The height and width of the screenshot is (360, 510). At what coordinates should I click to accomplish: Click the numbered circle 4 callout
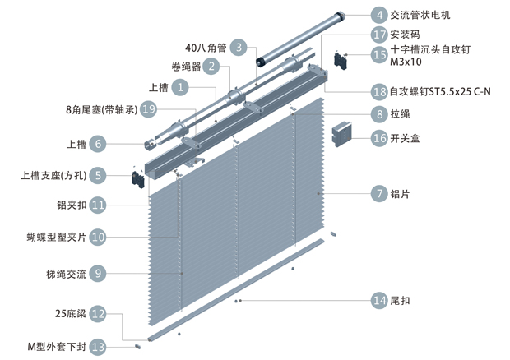(378, 15)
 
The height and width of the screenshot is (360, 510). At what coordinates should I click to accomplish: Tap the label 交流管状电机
(420, 15)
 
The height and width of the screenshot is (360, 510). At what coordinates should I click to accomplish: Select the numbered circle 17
(378, 35)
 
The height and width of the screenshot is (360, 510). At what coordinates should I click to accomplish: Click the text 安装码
(406, 35)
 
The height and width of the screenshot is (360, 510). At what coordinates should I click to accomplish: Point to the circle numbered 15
(378, 54)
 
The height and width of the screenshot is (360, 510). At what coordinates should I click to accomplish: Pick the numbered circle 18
(378, 91)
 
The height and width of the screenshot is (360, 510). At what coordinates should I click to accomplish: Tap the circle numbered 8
(378, 114)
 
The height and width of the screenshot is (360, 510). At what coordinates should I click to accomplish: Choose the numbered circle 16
(378, 138)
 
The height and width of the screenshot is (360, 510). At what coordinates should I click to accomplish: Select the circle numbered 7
(378, 194)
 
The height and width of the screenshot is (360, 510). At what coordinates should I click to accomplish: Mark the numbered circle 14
(378, 300)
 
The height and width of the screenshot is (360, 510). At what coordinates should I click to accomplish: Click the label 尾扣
(401, 300)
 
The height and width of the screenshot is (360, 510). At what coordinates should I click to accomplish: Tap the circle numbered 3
(239, 47)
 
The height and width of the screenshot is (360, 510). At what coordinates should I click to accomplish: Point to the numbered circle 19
(148, 108)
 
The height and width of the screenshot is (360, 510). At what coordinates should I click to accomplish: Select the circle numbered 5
(98, 175)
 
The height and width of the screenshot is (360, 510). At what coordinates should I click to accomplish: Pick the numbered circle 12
(98, 313)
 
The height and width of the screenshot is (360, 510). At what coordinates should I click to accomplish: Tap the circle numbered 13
(98, 347)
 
